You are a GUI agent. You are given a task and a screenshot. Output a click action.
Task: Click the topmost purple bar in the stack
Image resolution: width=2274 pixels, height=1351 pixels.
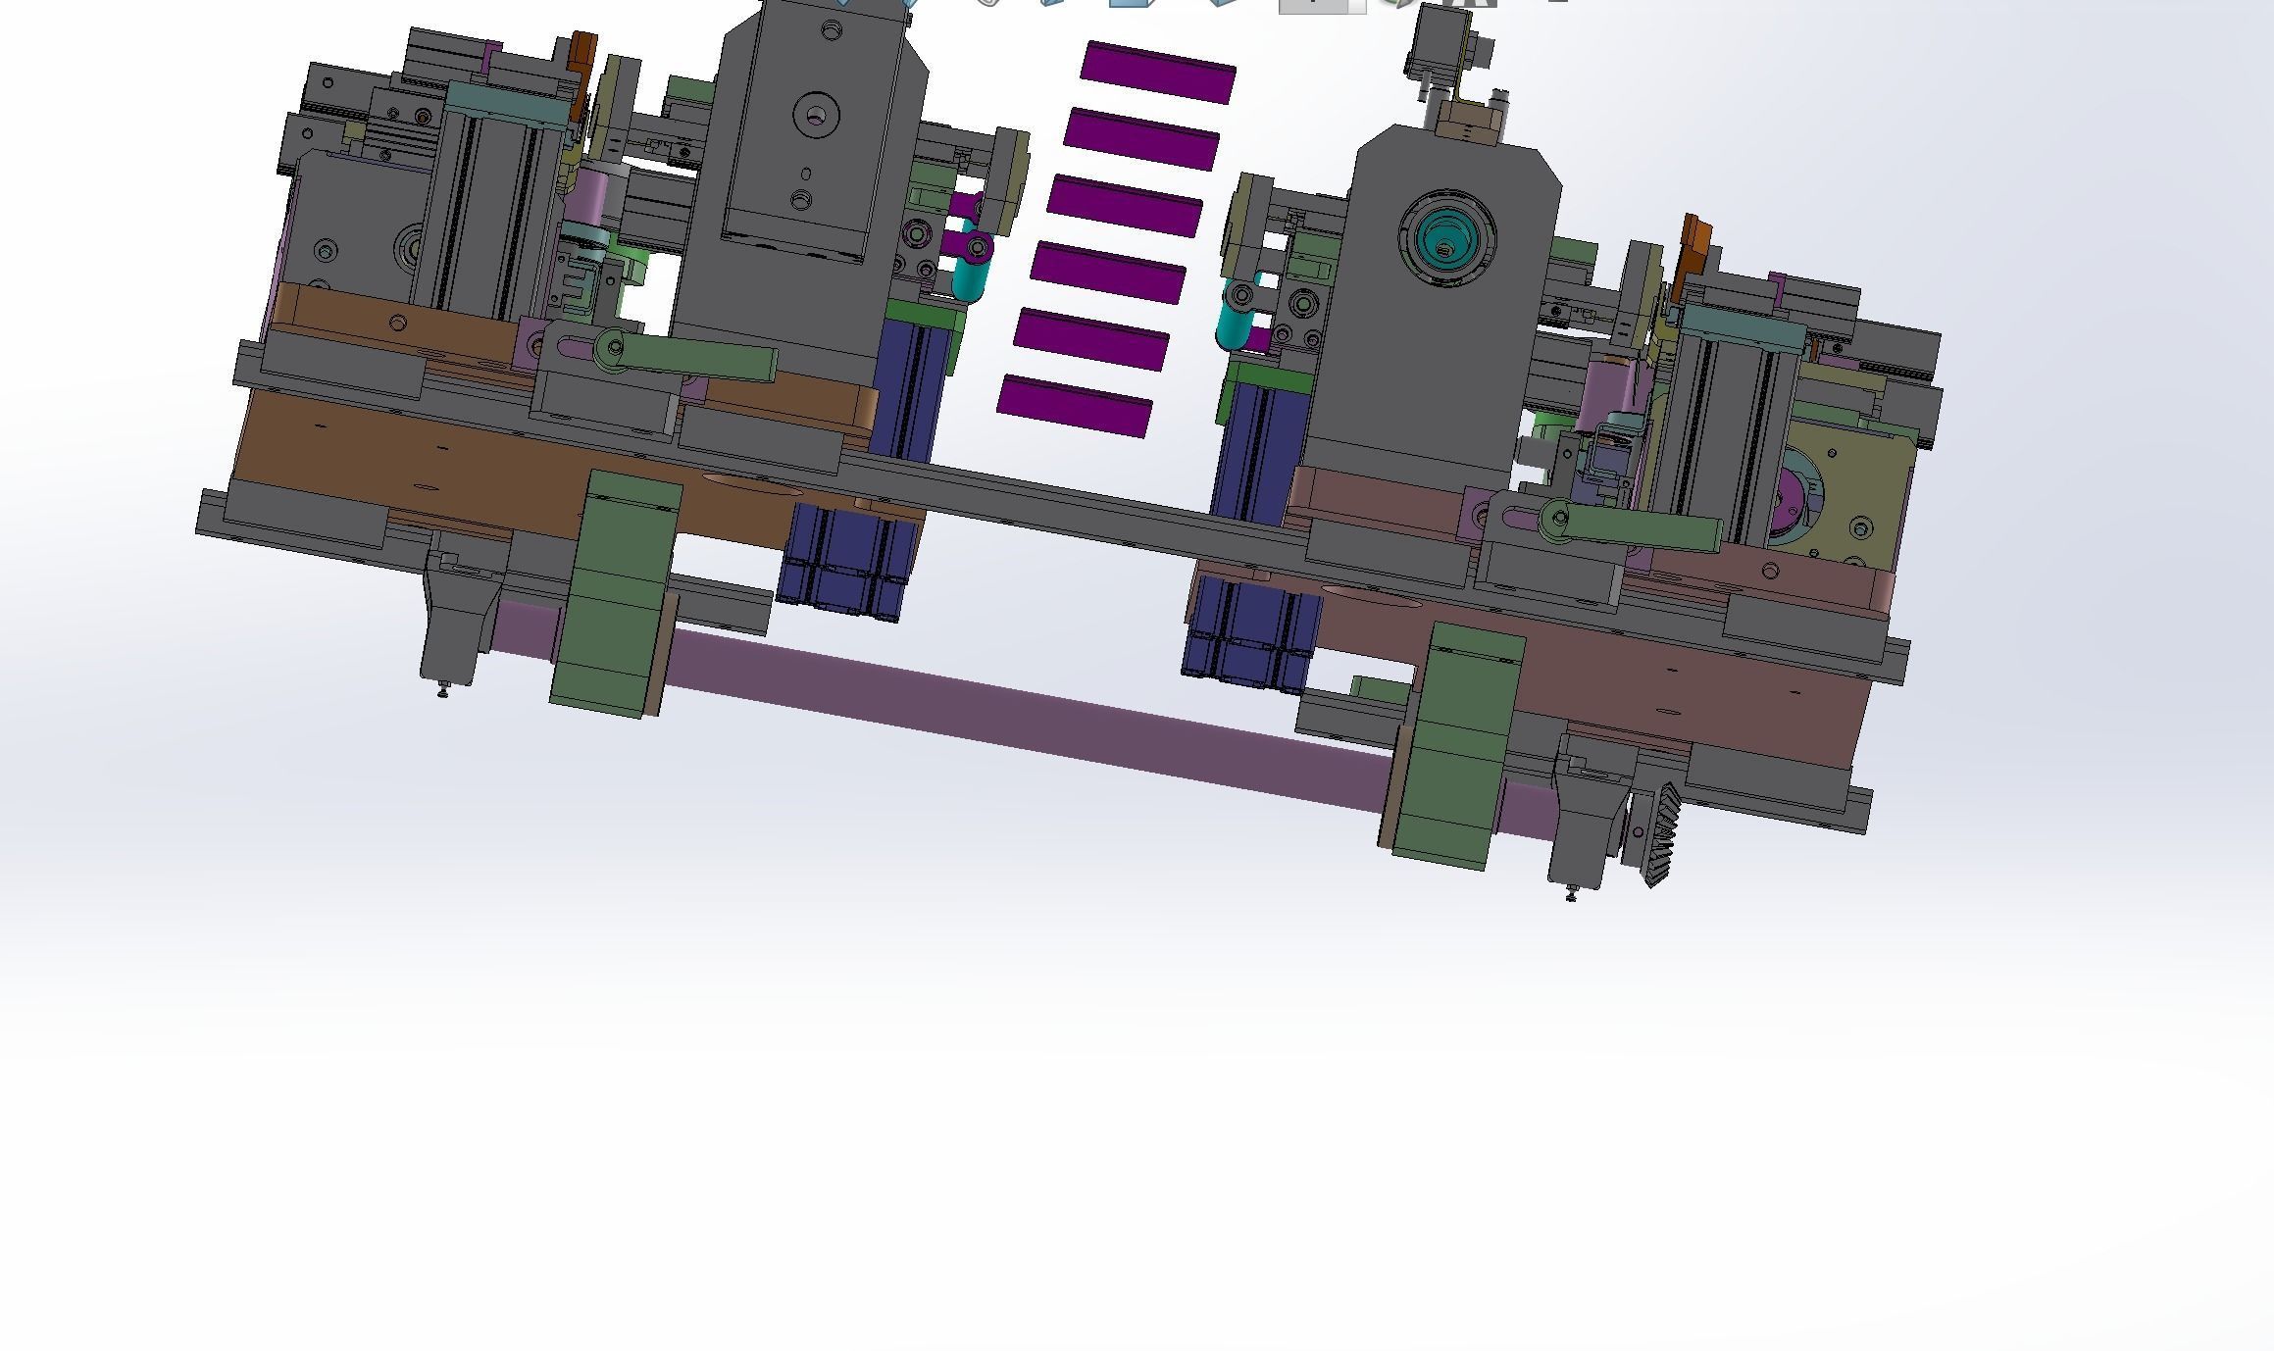tap(1158, 73)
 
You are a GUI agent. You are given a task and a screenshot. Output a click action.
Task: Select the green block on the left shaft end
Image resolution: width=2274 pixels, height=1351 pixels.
tap(614, 594)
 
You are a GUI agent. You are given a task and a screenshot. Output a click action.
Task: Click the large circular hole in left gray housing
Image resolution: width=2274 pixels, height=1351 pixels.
tap(816, 117)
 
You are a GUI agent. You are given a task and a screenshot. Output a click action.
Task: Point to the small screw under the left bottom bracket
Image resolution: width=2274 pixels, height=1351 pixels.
tap(442, 692)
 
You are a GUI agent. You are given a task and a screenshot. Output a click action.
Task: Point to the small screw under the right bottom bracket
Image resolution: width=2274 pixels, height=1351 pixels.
tap(1571, 893)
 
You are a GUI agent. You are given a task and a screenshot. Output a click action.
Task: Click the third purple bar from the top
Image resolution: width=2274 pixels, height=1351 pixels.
tap(1125, 206)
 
